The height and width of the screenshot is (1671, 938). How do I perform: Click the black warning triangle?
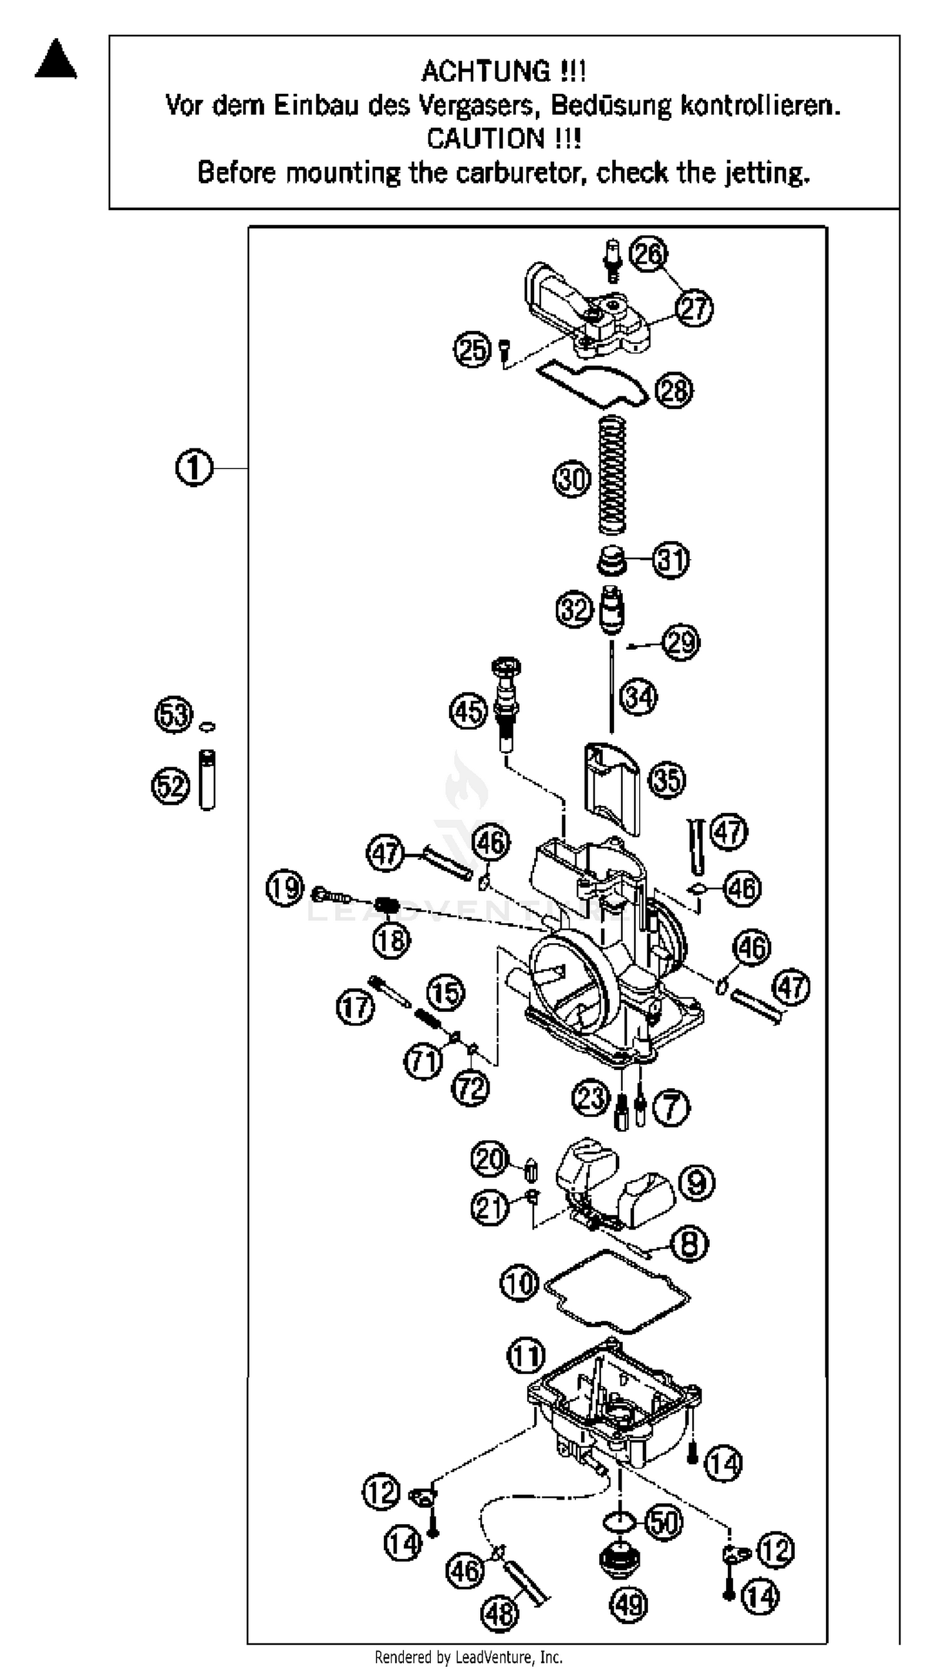point(56,60)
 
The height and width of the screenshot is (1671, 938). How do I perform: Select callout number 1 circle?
point(194,467)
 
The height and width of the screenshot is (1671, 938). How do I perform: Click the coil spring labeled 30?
point(612,475)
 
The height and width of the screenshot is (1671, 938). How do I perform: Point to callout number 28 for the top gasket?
point(674,390)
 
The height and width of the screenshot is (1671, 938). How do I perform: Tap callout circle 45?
point(468,711)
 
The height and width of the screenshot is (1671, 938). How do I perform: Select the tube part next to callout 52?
point(207,780)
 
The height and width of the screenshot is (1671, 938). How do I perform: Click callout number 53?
point(174,715)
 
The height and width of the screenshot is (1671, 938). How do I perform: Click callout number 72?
point(470,1088)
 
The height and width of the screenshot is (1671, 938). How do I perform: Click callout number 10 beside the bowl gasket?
point(520,1283)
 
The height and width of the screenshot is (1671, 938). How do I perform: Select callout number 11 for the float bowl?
point(525,1356)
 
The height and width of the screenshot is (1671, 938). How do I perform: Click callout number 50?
point(663,1521)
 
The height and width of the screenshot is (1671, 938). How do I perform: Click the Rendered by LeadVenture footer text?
point(468,1656)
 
